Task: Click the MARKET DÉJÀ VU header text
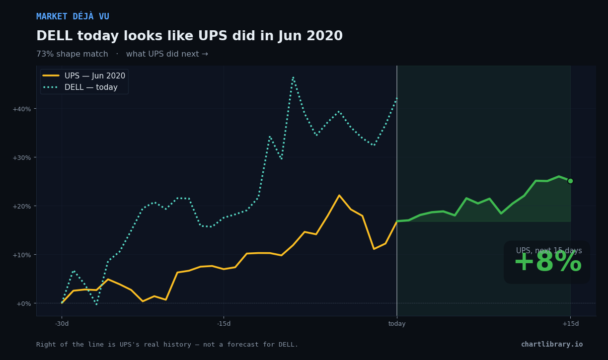tap(73, 16)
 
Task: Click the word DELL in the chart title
tap(54, 36)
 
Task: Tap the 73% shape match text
tap(72, 54)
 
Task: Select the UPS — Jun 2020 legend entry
tap(84, 75)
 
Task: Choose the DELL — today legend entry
tap(80, 87)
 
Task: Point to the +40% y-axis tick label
tap(22, 109)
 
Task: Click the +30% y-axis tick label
tap(22, 157)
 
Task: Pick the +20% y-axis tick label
tap(22, 206)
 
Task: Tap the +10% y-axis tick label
tap(22, 255)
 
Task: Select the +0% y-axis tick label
tap(24, 303)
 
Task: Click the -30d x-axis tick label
tap(62, 324)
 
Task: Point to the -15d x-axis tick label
tap(224, 324)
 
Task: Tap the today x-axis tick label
tap(397, 324)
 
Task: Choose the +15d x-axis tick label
tap(571, 324)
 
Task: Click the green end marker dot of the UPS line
tap(570, 181)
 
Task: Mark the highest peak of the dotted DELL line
tap(293, 77)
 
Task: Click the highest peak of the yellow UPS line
tap(339, 195)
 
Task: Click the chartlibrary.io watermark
tap(552, 344)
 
